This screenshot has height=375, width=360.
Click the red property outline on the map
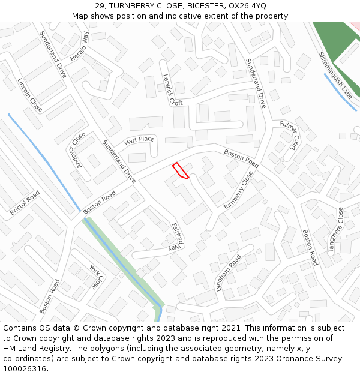point(180,170)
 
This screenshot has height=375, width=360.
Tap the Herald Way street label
point(79,46)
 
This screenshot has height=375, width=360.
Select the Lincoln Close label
point(29,95)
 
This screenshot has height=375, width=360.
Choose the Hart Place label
point(139,140)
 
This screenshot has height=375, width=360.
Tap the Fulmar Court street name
point(290,136)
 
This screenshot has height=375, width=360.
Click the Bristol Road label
point(25,203)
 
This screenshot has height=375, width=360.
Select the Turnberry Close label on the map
point(238,190)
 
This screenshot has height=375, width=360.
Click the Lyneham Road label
point(228,273)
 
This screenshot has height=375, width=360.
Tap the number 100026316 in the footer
point(25,369)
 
